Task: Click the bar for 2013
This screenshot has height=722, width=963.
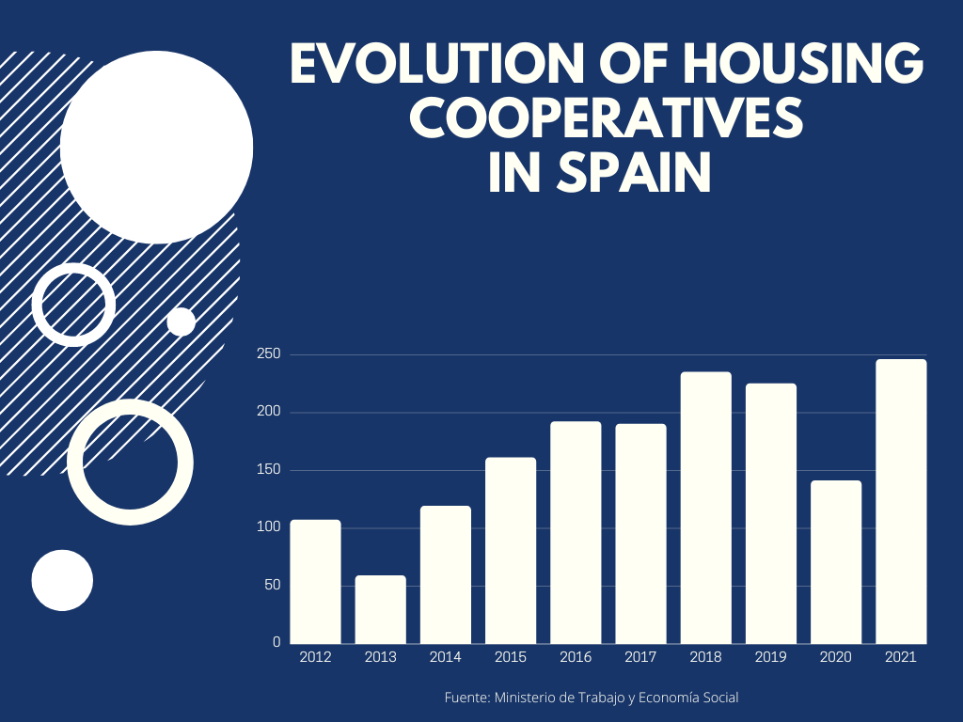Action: click(380, 609)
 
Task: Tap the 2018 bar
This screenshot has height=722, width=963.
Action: click(705, 507)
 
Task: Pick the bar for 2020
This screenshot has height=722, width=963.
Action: click(836, 561)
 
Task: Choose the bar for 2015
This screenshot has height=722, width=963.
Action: click(511, 550)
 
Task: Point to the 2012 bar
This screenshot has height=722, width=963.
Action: click(315, 581)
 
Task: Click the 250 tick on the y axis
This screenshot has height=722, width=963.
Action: click(269, 354)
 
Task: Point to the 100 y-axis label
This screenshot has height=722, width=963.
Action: click(269, 527)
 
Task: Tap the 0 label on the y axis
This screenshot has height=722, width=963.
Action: click(276, 642)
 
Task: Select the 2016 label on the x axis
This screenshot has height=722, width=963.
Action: click(576, 657)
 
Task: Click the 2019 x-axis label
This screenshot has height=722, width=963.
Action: click(771, 657)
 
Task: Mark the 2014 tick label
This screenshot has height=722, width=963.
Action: click(446, 657)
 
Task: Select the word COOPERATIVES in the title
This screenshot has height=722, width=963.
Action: click(608, 119)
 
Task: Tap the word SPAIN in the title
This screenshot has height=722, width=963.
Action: click(633, 173)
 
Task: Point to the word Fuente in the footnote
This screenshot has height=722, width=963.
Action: click(466, 698)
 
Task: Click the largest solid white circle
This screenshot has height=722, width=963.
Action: click(156, 147)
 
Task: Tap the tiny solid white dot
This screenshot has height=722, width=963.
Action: click(181, 322)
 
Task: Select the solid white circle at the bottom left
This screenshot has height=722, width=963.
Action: click(62, 580)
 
